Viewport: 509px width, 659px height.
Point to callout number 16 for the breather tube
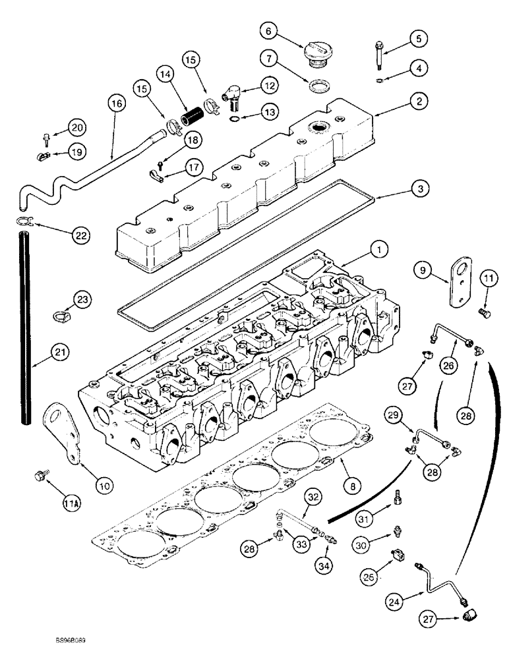pyautogui.click(x=117, y=103)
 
